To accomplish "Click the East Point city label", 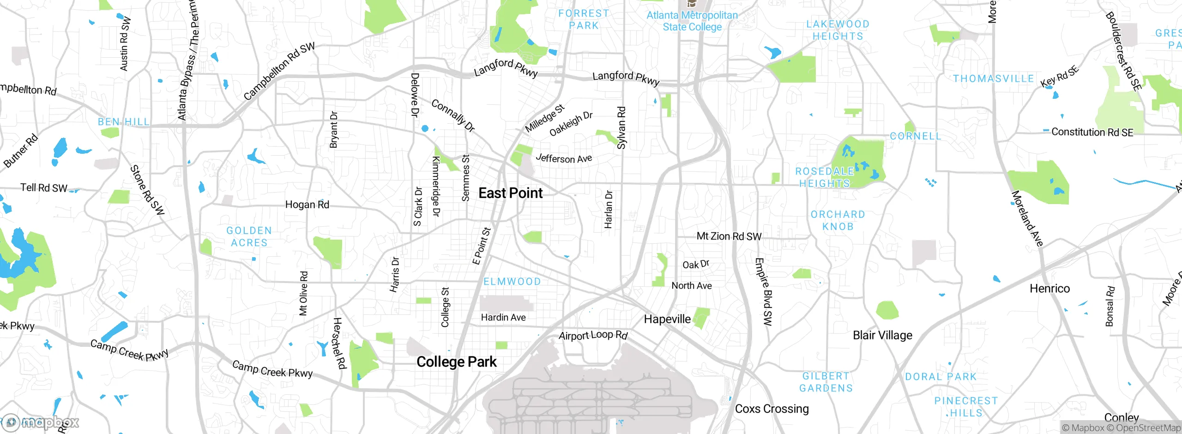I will click(510, 193).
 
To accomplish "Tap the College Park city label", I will click(456, 362).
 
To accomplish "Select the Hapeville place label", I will click(667, 319).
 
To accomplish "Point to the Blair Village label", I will click(882, 335).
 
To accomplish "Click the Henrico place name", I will click(1049, 289).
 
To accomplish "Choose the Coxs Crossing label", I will click(772, 409).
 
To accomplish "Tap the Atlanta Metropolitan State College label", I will click(692, 21).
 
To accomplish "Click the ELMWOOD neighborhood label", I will click(512, 282).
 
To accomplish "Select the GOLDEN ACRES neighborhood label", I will click(249, 236).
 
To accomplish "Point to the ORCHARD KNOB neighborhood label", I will click(838, 220).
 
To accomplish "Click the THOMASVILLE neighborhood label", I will click(993, 78).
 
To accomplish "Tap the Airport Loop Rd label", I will click(593, 335).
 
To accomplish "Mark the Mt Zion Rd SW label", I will click(729, 236).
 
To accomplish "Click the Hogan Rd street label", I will click(307, 205).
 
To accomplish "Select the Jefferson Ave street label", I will click(563, 158).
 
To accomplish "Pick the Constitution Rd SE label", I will click(1092, 133).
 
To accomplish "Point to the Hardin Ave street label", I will click(503, 318).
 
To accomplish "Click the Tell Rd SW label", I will click(44, 187).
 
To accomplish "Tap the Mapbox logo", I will click(42, 422).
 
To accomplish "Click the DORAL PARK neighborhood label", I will click(941, 377).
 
